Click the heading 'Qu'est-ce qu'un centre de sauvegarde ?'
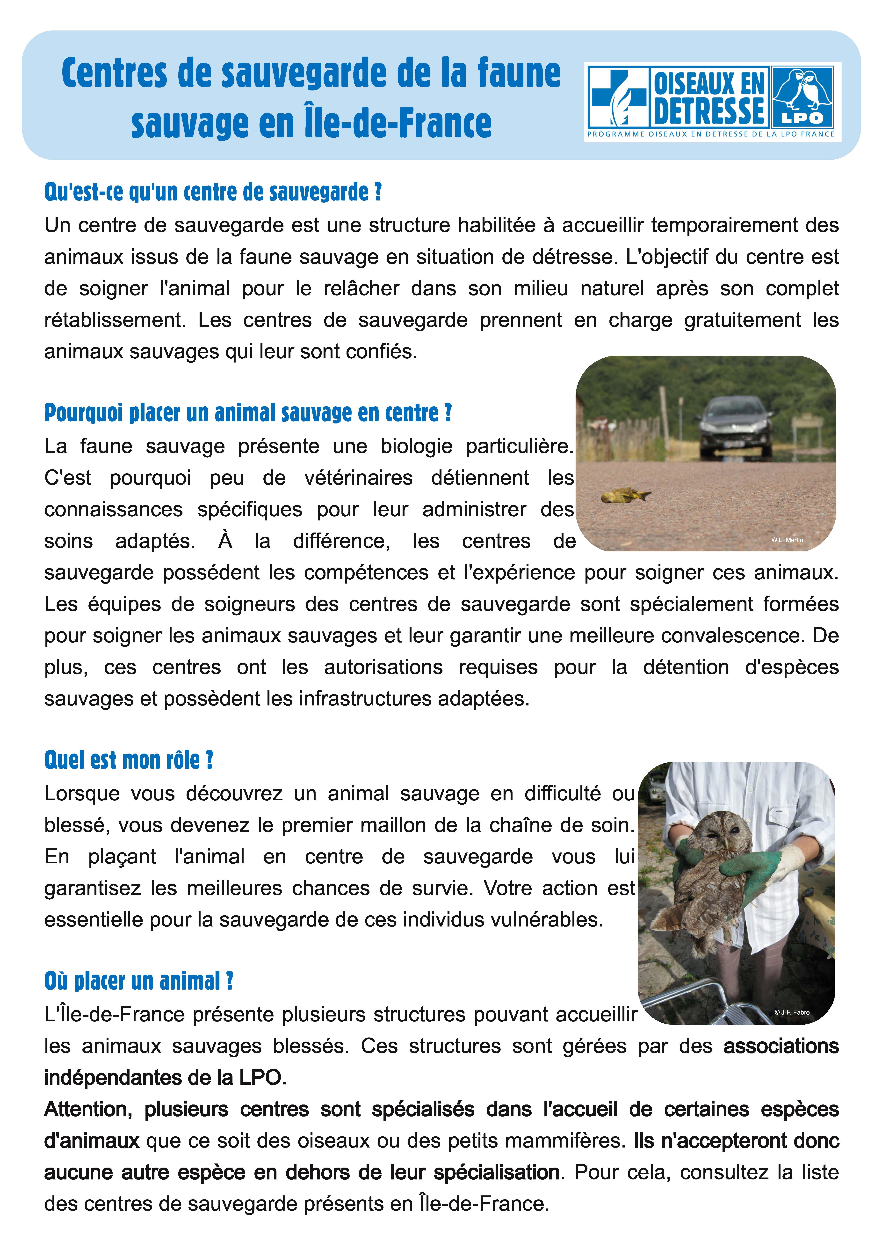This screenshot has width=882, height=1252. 213,192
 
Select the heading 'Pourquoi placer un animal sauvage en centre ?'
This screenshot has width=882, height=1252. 248,413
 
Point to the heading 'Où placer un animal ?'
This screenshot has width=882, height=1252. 139,981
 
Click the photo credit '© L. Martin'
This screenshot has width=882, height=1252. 787,540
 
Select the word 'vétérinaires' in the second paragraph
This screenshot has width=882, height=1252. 358,478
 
